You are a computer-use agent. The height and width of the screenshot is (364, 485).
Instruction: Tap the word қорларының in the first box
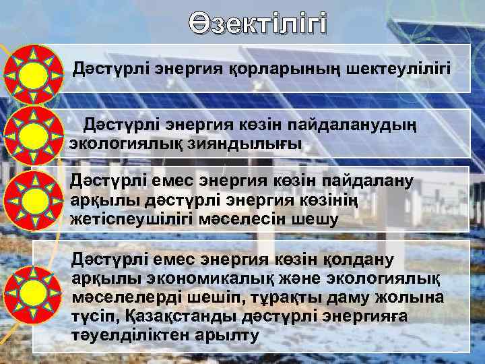coord(255,69)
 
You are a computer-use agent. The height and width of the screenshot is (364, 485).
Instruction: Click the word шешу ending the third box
coord(319,218)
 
